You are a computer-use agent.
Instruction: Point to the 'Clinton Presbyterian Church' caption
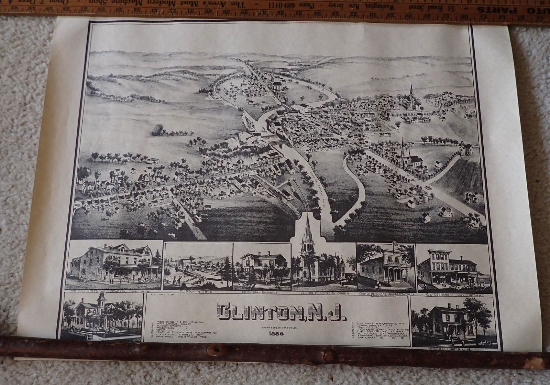point(324,294)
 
